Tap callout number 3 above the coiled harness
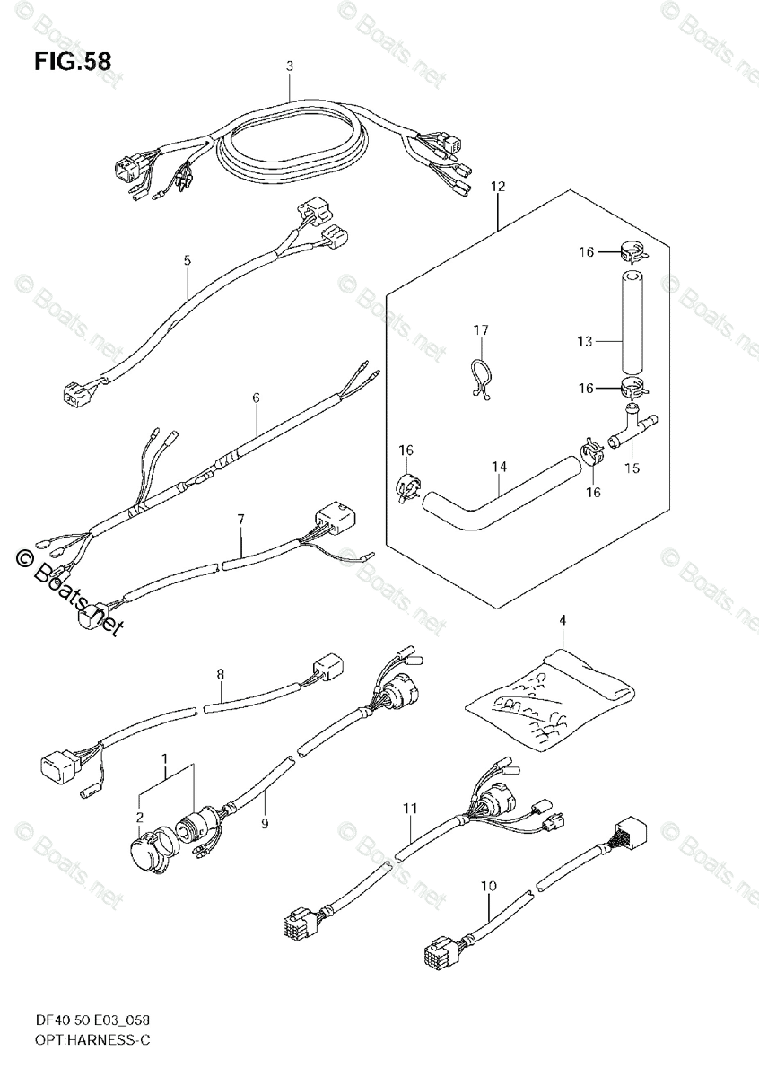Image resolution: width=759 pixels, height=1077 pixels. tap(290, 66)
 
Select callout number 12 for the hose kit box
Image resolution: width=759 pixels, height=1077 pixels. tap(498, 187)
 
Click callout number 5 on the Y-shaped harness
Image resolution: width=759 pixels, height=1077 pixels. tap(187, 261)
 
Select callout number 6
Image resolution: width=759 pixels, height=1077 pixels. tap(255, 397)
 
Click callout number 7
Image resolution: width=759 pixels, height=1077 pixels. tap(240, 519)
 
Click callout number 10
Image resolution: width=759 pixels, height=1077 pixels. tap(488, 887)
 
